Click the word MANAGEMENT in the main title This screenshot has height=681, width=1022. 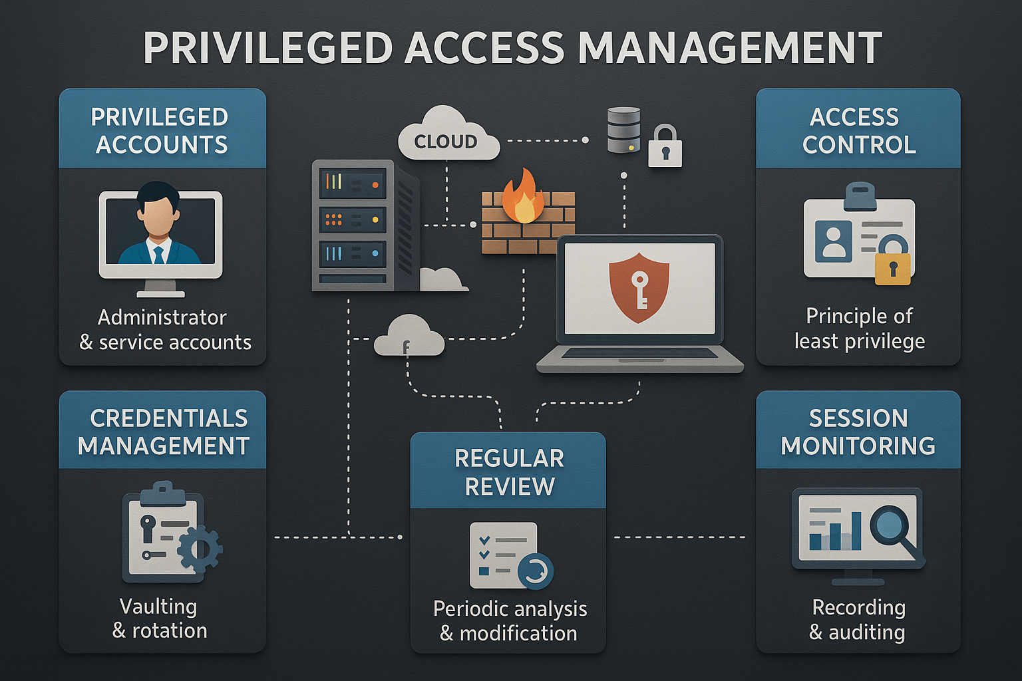tap(729, 49)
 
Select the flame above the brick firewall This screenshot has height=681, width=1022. tap(523, 196)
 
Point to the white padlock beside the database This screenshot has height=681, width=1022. tap(665, 147)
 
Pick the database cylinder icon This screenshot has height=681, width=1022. tap(623, 130)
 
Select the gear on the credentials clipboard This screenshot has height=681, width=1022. tap(200, 549)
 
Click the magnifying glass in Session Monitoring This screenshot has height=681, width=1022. tap(892, 525)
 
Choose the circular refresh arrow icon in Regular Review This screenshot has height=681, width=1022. tap(535, 571)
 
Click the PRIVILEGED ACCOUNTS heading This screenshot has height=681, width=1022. tap(161, 130)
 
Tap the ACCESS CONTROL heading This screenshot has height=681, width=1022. tap(858, 130)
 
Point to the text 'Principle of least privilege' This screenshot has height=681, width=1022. tap(859, 328)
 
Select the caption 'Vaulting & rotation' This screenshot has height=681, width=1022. tap(160, 618)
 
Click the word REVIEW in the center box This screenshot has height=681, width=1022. tap(509, 487)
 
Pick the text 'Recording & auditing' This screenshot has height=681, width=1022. tap(858, 619)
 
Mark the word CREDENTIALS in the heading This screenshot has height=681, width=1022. tap(168, 418)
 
